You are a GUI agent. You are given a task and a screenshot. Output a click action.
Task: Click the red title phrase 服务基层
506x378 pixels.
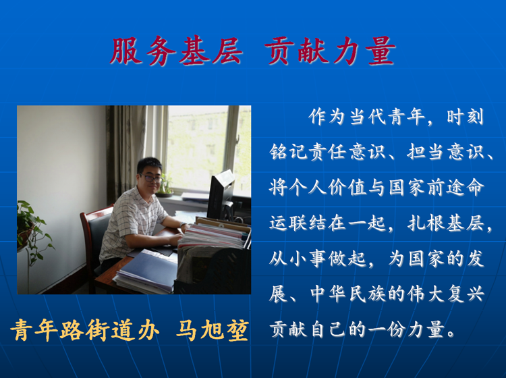pyautogui.click(x=176, y=51)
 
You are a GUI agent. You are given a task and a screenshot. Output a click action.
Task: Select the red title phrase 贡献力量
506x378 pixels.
pyautogui.click(x=330, y=51)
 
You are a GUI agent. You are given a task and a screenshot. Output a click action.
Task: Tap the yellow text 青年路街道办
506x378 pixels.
pyautogui.click(x=85, y=330)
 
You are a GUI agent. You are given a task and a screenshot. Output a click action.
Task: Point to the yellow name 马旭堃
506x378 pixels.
pyautogui.click(x=213, y=330)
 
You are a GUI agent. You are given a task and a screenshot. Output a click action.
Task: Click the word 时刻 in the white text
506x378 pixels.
pyautogui.click(x=465, y=117)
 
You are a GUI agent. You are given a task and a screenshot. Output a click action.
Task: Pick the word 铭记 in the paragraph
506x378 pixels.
pyautogui.click(x=288, y=152)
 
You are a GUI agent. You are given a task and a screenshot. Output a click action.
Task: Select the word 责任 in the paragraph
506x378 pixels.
pyautogui.click(x=327, y=152)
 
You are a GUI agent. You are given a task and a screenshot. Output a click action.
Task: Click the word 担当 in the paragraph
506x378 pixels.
pyautogui.click(x=426, y=152)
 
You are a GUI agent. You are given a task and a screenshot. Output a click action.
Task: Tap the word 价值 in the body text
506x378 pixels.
pyautogui.click(x=347, y=188)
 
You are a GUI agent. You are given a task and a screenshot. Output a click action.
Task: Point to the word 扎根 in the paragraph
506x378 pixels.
pyautogui.click(x=426, y=223)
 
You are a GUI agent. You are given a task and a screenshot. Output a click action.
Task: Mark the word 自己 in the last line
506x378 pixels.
pyautogui.click(x=327, y=329)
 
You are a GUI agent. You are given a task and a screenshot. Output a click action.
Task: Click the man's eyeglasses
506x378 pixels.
pyautogui.click(x=150, y=178)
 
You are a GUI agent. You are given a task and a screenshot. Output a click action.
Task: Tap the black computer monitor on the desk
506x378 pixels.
pyautogui.click(x=221, y=195)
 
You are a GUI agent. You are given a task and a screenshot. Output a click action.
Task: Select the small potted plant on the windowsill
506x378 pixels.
pyautogui.click(x=165, y=186)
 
